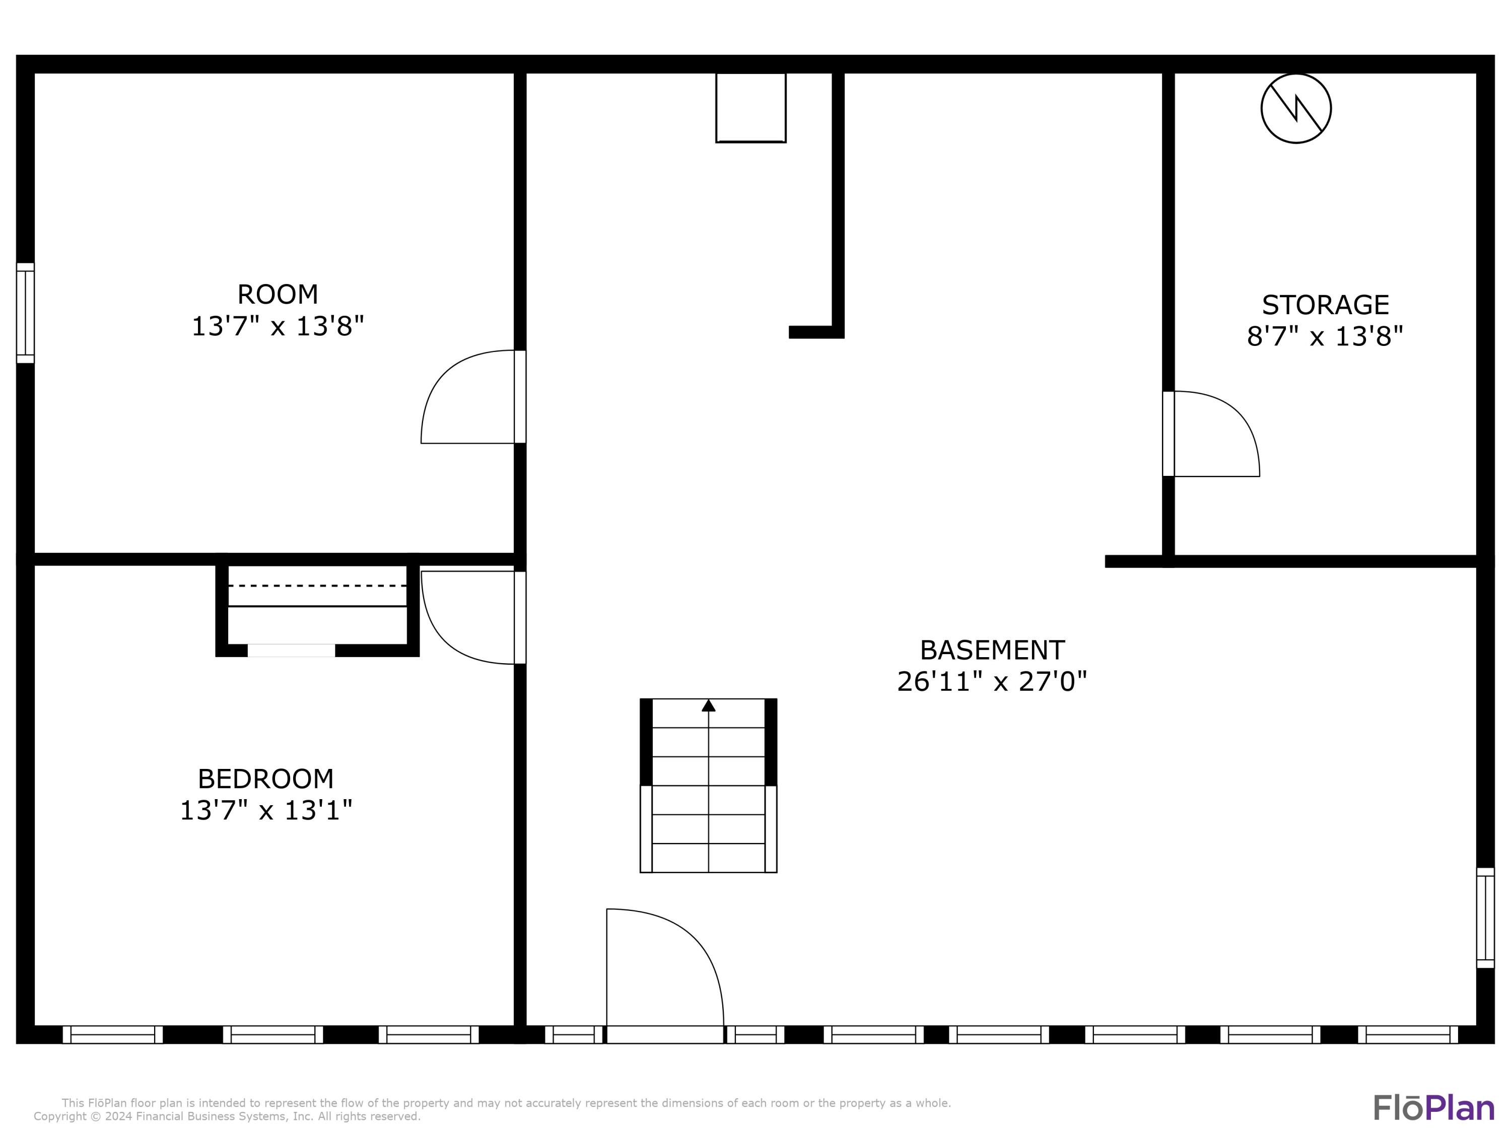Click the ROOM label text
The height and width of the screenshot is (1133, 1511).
(278, 295)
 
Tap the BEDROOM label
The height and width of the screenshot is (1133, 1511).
(266, 778)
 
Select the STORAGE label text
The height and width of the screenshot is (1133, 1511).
(1325, 305)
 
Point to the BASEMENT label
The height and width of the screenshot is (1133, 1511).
(992, 650)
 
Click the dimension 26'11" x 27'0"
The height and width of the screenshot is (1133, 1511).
(991, 682)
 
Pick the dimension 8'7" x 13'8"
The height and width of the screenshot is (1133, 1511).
(1325, 336)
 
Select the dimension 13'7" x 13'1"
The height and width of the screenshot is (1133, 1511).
(266, 811)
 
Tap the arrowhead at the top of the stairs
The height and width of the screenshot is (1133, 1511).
(708, 705)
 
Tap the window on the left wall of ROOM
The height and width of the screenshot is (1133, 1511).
(25, 313)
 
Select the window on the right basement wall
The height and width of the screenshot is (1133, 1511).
(1485, 917)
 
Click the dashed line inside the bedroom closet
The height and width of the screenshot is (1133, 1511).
(317, 585)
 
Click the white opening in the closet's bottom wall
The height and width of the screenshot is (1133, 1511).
(291, 650)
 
